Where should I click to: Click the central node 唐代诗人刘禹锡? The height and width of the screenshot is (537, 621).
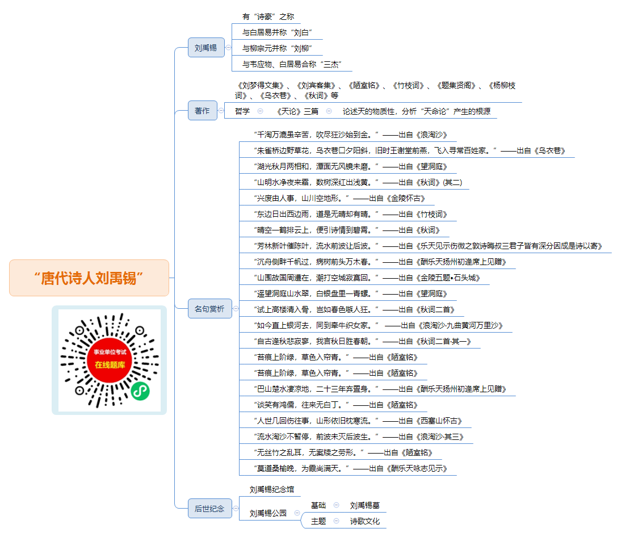pos(89,278)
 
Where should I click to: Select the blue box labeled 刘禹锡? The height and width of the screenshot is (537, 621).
pos(206,48)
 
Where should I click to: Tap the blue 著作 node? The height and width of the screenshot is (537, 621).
pos(203,111)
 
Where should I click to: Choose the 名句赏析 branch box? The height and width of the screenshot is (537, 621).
pos(209,308)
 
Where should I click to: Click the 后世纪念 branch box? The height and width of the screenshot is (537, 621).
pos(209,509)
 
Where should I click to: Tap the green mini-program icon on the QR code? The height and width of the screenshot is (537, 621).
pos(140,391)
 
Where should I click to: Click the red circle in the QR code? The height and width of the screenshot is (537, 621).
pos(110,360)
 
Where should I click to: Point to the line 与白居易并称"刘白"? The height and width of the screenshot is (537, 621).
pos(277,32)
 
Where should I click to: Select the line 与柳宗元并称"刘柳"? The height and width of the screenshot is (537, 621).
pos(277,48)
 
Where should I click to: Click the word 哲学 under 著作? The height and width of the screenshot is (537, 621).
pos(242,111)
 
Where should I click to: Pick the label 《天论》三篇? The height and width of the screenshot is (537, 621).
pos(297,111)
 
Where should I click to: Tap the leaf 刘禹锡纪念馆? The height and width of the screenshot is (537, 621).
pos(272,489)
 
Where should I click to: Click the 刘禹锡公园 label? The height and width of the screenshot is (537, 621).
pos(268,513)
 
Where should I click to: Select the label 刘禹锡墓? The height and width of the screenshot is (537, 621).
pos(365,505)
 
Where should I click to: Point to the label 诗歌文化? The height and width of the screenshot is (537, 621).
pos(365,521)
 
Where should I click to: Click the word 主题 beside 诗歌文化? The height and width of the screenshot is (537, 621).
pos(318,521)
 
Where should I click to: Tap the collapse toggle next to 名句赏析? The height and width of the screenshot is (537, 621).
pos(236,308)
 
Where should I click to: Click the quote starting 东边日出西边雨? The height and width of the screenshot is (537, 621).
pos(350,214)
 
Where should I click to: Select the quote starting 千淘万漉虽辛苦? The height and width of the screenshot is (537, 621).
pos(350,135)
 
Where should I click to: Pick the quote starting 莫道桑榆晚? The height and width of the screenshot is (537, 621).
pos(350,468)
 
